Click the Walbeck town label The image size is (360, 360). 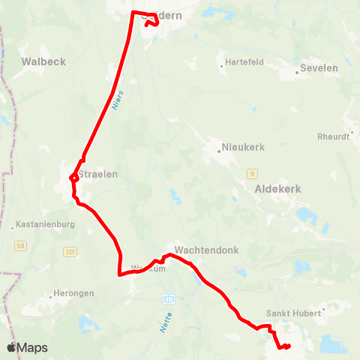pyautogui.click(x=43, y=61)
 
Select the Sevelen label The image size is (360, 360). pyautogui.click(x=319, y=67)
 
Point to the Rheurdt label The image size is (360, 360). pyautogui.click(x=334, y=136)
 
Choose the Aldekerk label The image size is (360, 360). pyautogui.click(x=277, y=189)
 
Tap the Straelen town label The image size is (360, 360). pyautogui.click(x=98, y=172)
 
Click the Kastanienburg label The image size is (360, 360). pyautogui.click(x=45, y=224)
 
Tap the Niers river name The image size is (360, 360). pyautogui.click(x=116, y=101)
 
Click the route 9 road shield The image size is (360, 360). pyautogui.click(x=253, y=173)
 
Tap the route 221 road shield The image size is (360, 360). pyautogui.click(x=70, y=251)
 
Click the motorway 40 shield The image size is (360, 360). pyautogui.click(x=168, y=298)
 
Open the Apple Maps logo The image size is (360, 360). pyautogui.click(x=27, y=347)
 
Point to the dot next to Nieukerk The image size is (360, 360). pyautogui.click(x=219, y=151)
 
